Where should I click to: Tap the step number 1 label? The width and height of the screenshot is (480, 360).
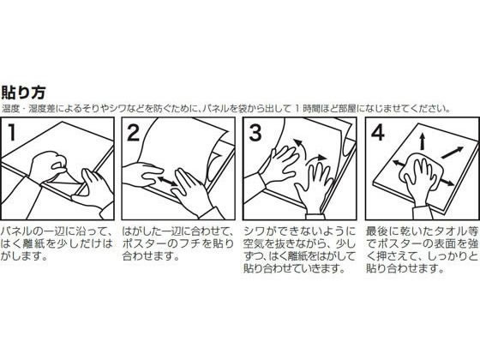(14, 134)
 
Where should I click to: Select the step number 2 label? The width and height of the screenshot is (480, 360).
(135, 134)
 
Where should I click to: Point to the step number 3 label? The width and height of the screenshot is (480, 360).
(255, 134)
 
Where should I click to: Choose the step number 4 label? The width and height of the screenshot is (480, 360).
(375, 134)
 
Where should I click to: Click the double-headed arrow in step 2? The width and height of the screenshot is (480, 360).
(161, 183)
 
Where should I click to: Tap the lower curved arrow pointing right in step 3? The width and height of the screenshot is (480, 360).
(317, 159)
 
